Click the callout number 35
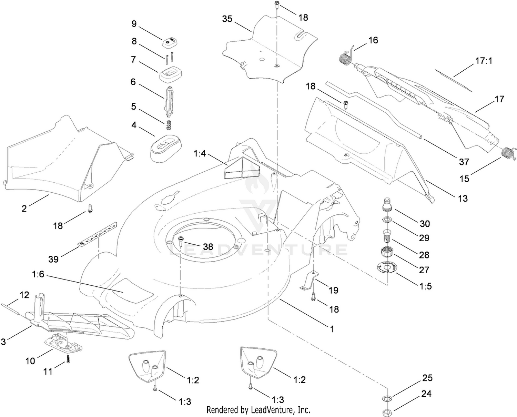tap(227, 19)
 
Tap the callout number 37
tap(464, 162)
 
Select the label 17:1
tap(484, 61)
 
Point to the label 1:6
tap(38, 274)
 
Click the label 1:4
tap(200, 153)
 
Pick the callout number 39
tap(53, 259)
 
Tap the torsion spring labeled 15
tap(509, 154)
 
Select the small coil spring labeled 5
tap(169, 125)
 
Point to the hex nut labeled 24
tap(387, 410)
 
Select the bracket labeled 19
tap(309, 280)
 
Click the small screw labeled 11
tap(68, 359)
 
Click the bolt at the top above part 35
tap(276, 5)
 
